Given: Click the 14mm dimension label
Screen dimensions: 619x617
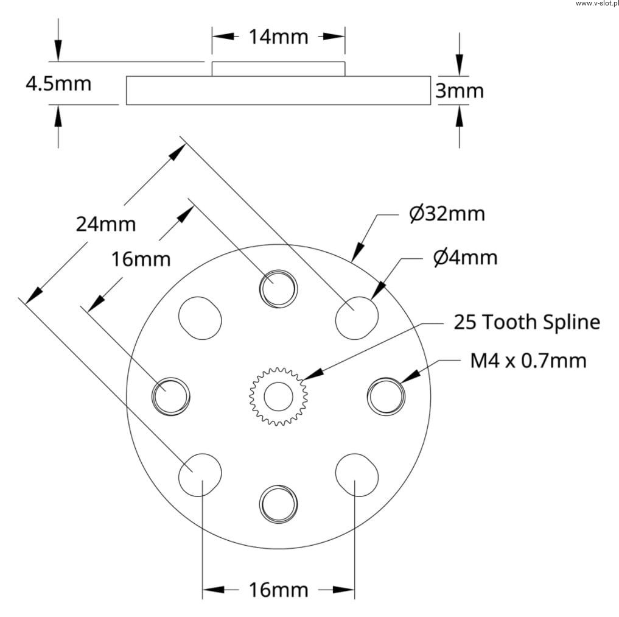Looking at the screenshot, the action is point(278,37).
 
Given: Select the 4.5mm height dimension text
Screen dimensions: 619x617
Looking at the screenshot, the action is point(58,83).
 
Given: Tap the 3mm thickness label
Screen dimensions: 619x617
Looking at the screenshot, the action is point(460,91).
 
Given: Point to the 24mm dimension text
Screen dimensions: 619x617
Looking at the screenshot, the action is point(106,224).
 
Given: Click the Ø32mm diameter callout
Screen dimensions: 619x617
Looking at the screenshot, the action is point(447,214).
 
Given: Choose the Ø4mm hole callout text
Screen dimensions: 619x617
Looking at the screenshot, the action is point(465,258).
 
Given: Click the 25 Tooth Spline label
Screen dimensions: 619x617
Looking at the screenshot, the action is point(527,322).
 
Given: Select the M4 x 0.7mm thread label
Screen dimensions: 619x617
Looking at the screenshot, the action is point(528,361).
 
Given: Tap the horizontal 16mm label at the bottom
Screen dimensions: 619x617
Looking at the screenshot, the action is point(278,590).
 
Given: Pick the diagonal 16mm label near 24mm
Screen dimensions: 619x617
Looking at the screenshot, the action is point(141,259).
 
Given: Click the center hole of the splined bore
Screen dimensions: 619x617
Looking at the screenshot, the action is point(278,397).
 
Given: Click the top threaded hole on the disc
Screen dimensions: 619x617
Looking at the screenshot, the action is point(278,289).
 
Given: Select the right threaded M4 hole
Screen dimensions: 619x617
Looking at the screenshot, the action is point(386,397).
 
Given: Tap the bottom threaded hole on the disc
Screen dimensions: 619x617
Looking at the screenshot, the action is point(278,504).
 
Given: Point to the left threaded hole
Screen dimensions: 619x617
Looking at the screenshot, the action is point(171,397).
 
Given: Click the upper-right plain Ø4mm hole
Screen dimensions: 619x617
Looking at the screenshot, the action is point(357,318).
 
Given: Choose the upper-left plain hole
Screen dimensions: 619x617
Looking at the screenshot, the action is point(200,318).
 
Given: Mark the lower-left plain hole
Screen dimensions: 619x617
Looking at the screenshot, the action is point(200,475).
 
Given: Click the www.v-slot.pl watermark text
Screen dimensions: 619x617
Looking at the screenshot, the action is point(597,4).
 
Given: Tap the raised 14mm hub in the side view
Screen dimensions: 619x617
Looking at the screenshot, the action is point(278,69).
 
